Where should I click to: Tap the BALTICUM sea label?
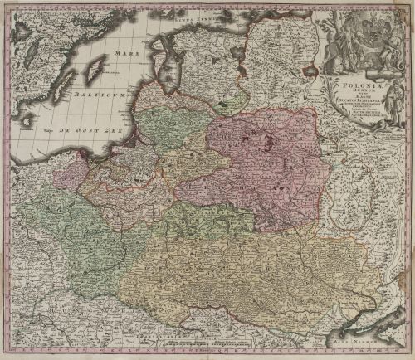pyautogui.click(x=100, y=97)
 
